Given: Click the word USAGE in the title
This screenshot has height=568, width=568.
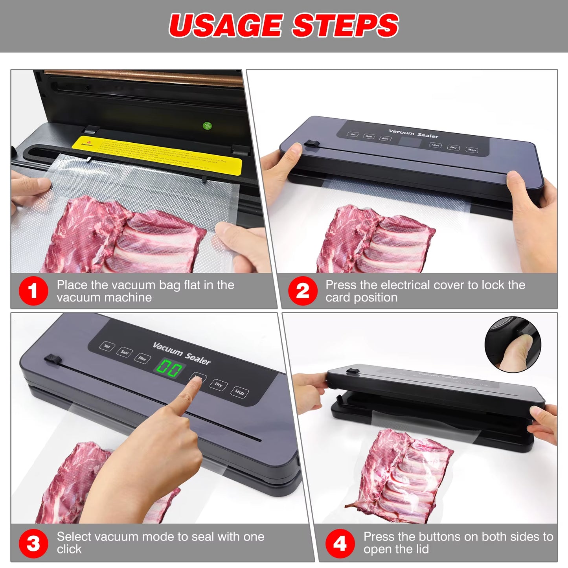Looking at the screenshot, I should (226, 26).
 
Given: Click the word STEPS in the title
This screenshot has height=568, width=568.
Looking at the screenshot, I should (345, 26).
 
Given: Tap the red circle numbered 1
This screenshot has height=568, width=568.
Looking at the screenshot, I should (33, 291).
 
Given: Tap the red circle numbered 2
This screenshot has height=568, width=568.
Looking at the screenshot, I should (302, 291).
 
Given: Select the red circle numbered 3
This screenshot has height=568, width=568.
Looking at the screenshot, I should (33, 544).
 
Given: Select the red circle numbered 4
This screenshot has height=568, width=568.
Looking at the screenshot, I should (340, 544).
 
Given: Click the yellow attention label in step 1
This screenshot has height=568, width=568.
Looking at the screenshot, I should (157, 155).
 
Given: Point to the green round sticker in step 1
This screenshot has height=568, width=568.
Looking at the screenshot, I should (207, 126).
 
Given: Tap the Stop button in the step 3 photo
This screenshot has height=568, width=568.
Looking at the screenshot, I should (239, 392).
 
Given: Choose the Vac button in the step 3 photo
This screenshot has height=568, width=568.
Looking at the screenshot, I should (107, 346).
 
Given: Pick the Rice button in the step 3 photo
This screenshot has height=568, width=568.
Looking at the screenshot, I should (142, 358).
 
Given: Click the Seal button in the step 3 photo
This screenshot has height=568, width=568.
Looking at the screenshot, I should (124, 352).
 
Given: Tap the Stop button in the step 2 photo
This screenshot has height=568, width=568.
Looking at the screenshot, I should (472, 150).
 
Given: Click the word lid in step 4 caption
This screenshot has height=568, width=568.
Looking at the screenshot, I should (420, 549).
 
